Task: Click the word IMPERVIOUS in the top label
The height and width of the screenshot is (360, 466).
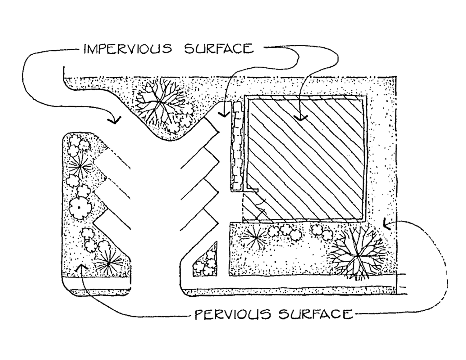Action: pos(127,49)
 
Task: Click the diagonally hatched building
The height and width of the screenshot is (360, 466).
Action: pos(306,158)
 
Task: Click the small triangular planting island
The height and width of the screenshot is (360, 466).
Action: pos(206,262)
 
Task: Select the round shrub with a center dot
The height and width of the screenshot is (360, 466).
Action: pos(79,207)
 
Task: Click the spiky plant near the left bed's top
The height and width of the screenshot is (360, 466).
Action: pos(80,167)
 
